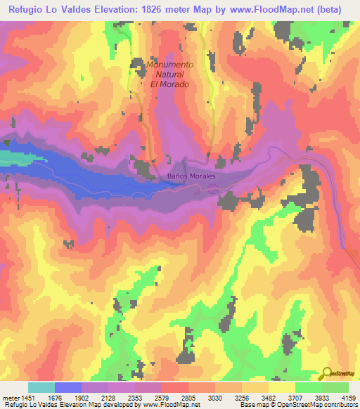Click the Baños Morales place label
tap(191, 176)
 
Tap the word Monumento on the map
tap(172, 65)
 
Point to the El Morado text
tap(171, 82)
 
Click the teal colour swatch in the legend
tap(41, 387)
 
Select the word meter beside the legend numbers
tap(12, 398)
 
